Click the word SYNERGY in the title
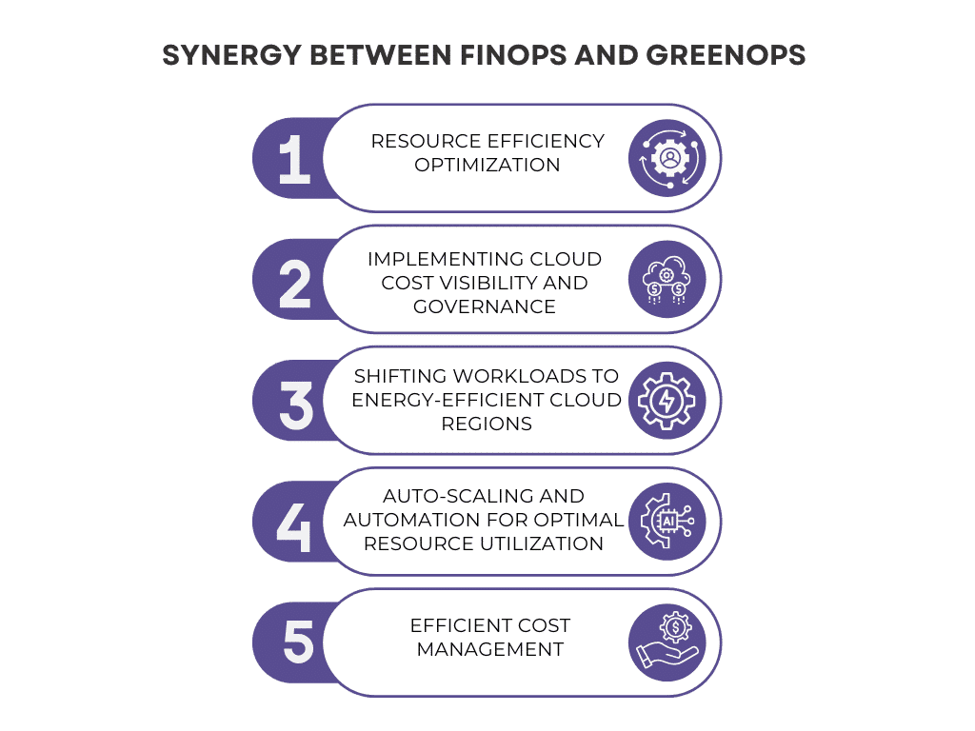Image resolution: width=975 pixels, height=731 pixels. [x=232, y=55]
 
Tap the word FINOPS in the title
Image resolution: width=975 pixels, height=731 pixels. [x=513, y=55]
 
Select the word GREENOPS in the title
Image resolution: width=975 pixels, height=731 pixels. [x=726, y=55]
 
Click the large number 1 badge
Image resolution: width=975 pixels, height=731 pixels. [x=294, y=160]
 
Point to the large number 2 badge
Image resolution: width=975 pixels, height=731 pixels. [x=295, y=284]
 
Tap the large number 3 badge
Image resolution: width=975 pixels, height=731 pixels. [x=296, y=405]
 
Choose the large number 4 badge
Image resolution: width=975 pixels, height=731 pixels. [x=293, y=527]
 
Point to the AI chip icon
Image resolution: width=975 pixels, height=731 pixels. [x=667, y=521]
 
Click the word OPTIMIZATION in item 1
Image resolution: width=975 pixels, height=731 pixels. [x=487, y=165]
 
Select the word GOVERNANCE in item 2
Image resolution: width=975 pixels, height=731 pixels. [x=485, y=306]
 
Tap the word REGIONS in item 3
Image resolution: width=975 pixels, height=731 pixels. [x=487, y=424]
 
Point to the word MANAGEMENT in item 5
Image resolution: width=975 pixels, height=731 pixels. [x=490, y=649]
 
